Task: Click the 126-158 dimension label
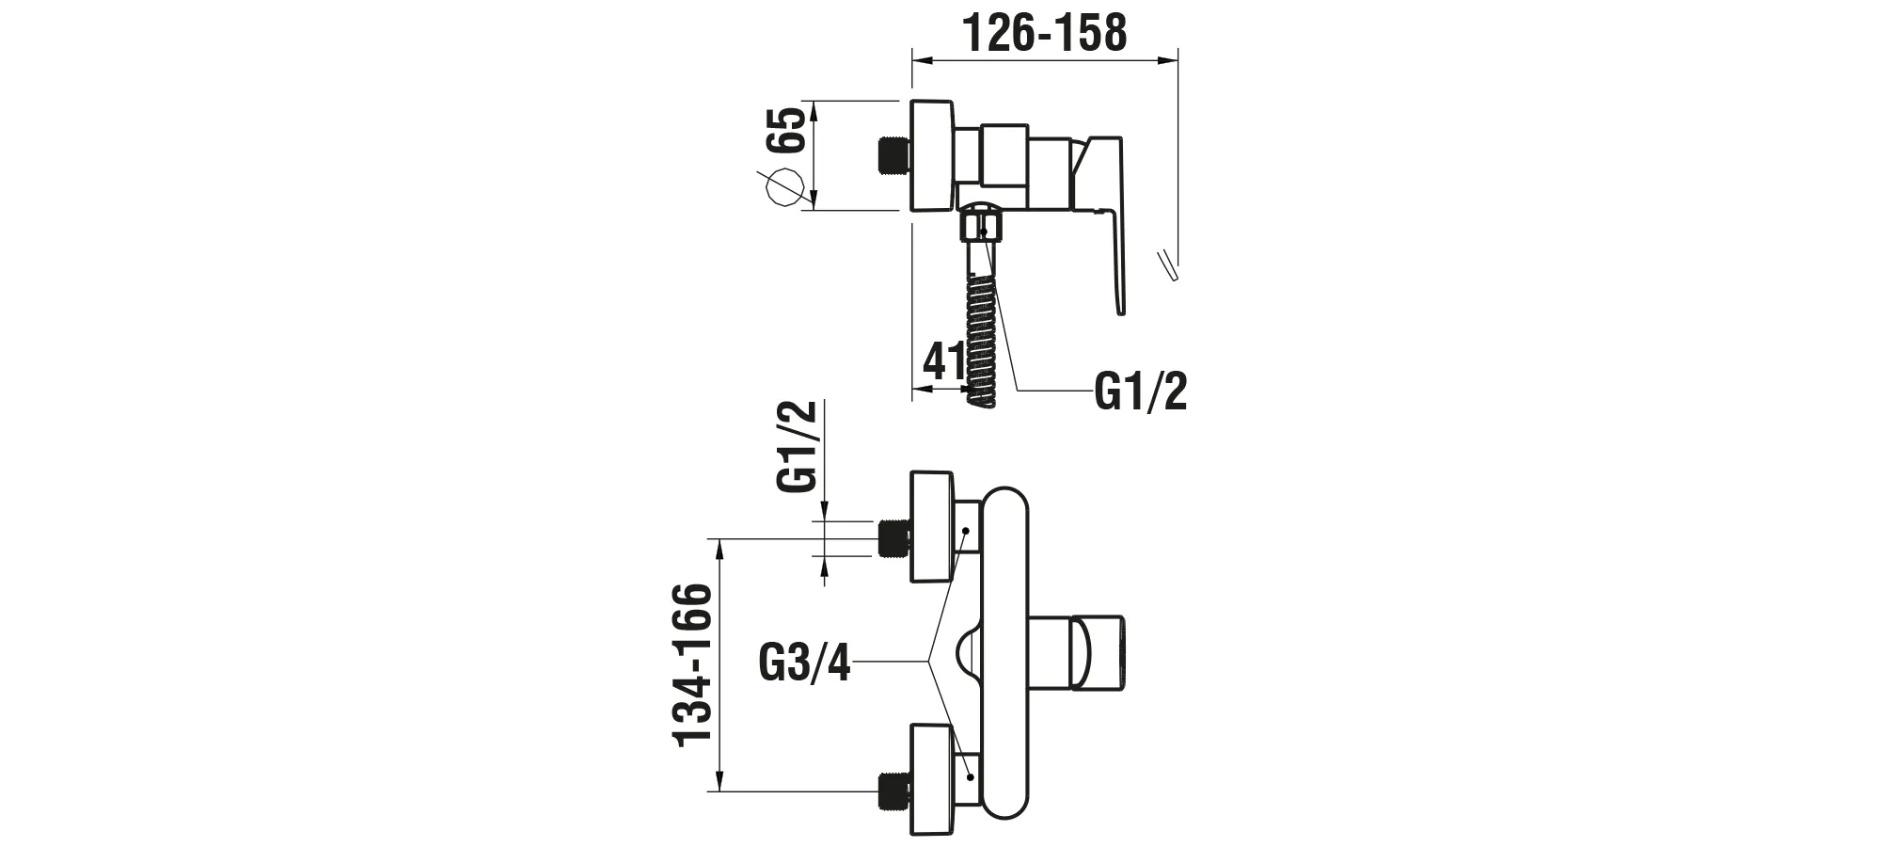(x=1045, y=32)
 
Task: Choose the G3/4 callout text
(x=805, y=663)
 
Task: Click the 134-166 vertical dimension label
(x=695, y=664)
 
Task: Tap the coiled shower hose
(x=980, y=340)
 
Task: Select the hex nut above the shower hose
(x=980, y=229)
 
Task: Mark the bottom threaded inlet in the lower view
(x=894, y=791)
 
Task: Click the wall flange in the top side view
(x=932, y=157)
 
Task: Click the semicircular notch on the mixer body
(x=968, y=654)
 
